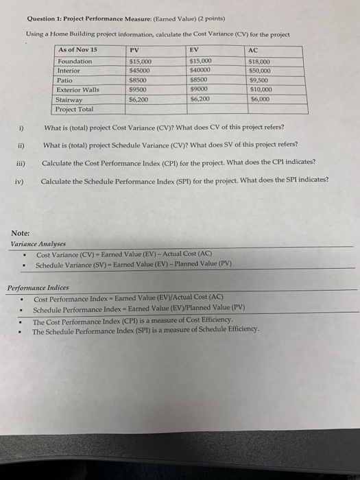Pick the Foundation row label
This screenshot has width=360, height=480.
pyautogui.click(x=75, y=61)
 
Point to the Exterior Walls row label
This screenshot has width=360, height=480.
pyautogui.click(x=78, y=89)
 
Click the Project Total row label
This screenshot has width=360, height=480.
pyautogui.click(x=75, y=108)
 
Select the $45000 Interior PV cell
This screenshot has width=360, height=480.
pyautogui.click(x=141, y=71)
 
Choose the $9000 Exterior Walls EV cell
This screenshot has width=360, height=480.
pyautogui.click(x=199, y=89)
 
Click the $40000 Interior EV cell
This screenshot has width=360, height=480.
pyautogui.click(x=200, y=71)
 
